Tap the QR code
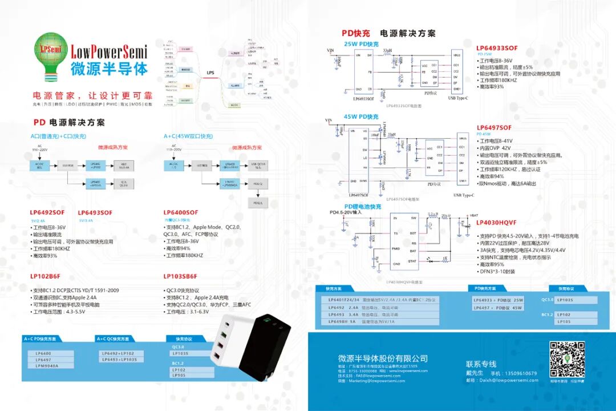tap(566, 358)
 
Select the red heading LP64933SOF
tap(497, 48)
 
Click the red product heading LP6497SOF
tap(494, 128)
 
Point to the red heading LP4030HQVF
tap(497, 223)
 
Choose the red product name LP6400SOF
tap(181, 212)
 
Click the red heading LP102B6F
tap(45, 276)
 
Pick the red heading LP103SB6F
tap(182, 276)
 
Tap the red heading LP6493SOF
tap(95, 212)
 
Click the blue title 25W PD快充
tap(361, 44)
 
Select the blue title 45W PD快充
tap(361, 116)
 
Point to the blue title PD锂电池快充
tap(363, 206)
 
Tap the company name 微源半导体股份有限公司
tap(383, 358)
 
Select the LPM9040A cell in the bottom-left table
tap(47, 365)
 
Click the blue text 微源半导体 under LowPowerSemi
tap(109, 69)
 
